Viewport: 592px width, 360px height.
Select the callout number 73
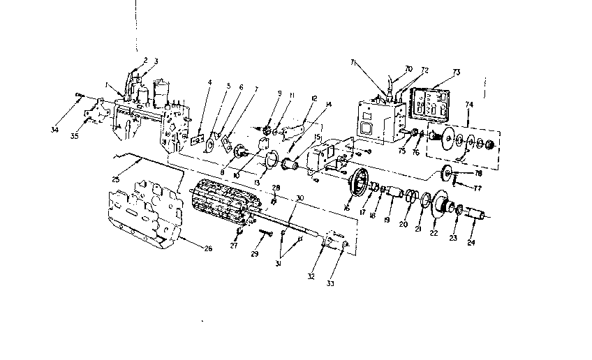pos(456,73)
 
